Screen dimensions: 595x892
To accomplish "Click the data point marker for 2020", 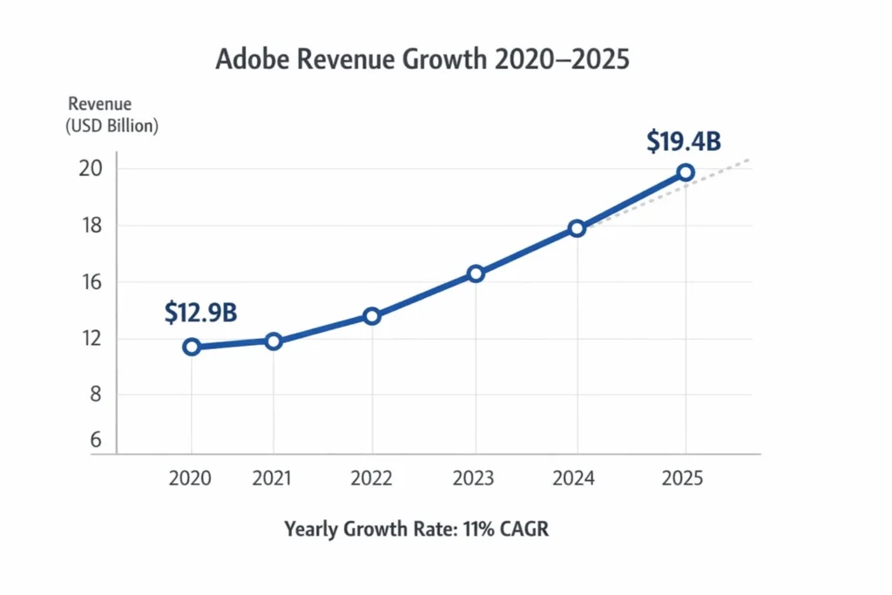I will (192, 347).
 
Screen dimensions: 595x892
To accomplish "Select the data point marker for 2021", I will (274, 341).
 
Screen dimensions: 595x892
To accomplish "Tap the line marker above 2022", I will (372, 316).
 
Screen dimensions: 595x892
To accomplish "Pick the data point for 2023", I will (475, 274).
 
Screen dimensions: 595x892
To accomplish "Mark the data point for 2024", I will (577, 228).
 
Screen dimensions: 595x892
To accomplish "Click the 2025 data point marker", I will (686, 172).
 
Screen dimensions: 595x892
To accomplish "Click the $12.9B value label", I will (200, 313).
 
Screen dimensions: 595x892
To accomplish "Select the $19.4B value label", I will (683, 142).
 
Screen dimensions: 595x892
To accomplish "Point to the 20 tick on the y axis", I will (91, 169).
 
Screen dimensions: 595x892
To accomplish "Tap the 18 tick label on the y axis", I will (91, 226).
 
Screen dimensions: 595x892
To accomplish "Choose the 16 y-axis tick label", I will (91, 282).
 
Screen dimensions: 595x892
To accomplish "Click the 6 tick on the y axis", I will (95, 441).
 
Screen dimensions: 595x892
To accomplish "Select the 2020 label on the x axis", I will (191, 478).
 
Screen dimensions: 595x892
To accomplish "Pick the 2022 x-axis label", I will (372, 478).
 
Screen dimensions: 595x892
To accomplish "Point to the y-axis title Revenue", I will (99, 105).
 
